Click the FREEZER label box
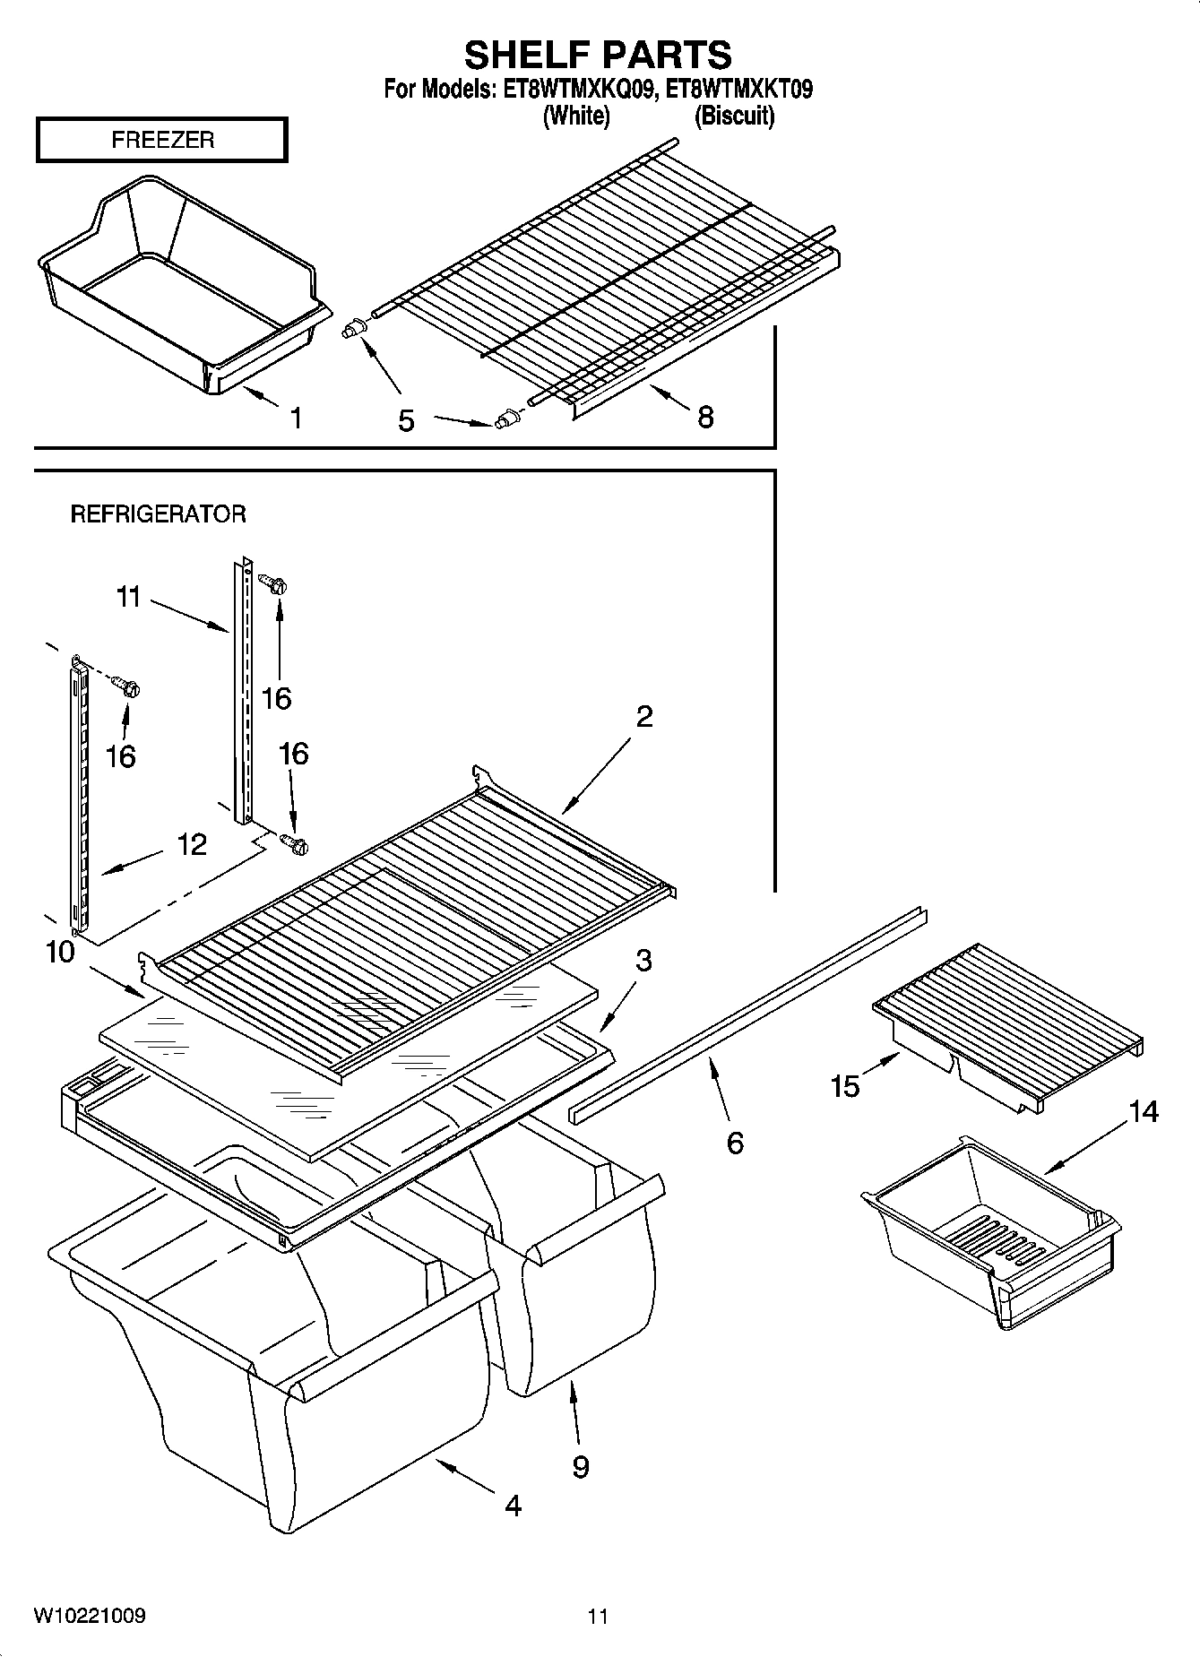162,140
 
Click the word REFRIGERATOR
158,513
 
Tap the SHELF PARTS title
598,55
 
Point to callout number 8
705,417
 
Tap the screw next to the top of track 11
272,583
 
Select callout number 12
192,844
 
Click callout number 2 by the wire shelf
644,716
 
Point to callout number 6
735,1143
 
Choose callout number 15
844,1086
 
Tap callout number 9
581,1466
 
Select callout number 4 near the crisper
512,1506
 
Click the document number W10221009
90,1615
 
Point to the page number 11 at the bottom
598,1617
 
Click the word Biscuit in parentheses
735,116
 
